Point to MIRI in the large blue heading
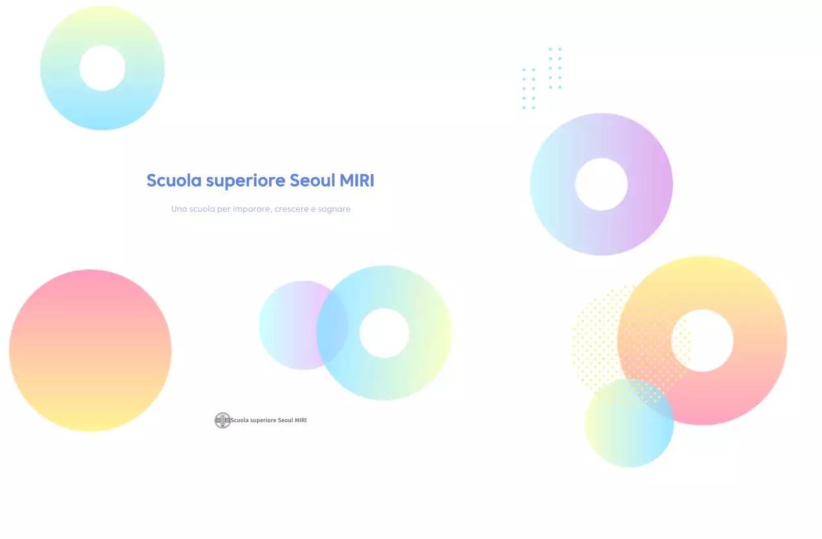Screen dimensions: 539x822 tap(357, 180)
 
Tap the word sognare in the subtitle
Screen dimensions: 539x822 tap(334, 209)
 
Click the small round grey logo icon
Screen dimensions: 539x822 tap(222, 420)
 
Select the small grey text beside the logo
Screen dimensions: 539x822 tap(268, 420)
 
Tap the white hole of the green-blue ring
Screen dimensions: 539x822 tap(102, 68)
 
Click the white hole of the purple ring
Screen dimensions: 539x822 tap(601, 184)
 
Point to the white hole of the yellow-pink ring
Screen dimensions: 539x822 tap(702, 341)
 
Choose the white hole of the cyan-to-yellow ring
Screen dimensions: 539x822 tap(384, 333)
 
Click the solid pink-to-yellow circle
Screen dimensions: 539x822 tap(90, 350)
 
